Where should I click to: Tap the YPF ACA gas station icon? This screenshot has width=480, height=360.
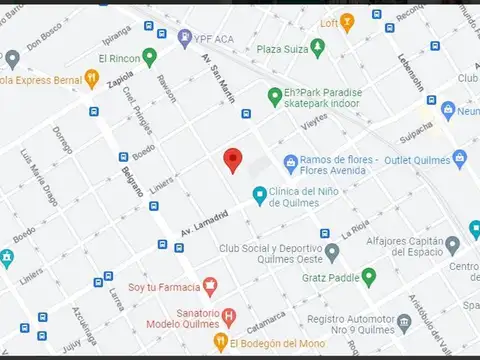pos(185,37)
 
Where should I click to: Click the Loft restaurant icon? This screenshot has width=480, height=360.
pos(347,21)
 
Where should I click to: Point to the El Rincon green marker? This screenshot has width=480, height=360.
pos(150,56)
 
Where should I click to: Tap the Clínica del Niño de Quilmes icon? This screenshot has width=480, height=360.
pos(260,195)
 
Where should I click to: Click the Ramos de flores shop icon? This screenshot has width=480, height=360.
pos(291,161)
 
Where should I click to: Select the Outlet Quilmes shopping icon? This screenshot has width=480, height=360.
pos(459,159)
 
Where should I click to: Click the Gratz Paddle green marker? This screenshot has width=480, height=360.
pos(368,276)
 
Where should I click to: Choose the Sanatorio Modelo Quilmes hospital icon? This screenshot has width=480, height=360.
pos(229,318)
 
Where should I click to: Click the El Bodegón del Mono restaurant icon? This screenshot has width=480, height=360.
pos(221,343)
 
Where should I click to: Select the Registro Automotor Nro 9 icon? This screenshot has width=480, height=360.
pos(404,322)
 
